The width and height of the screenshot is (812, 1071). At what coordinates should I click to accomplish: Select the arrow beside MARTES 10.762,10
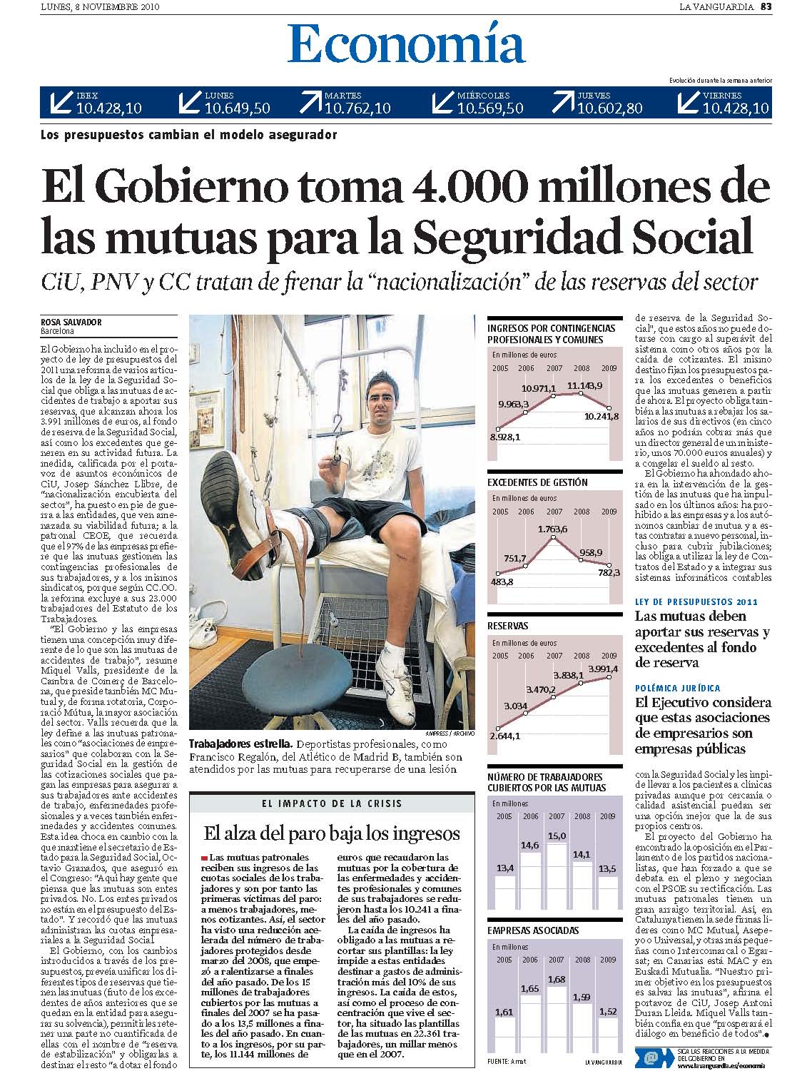click(x=310, y=103)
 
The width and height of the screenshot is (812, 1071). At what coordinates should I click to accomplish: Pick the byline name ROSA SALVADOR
click(x=71, y=322)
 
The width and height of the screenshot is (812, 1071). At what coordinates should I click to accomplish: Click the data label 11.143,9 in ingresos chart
click(x=585, y=385)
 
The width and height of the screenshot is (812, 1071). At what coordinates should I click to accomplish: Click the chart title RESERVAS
click(x=508, y=626)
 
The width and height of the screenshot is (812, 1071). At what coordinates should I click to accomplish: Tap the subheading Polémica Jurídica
click(x=677, y=689)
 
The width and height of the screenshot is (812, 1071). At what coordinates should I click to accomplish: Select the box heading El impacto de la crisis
click(x=331, y=803)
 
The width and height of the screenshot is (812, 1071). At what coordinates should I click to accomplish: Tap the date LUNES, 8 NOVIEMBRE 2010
click(x=99, y=7)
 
